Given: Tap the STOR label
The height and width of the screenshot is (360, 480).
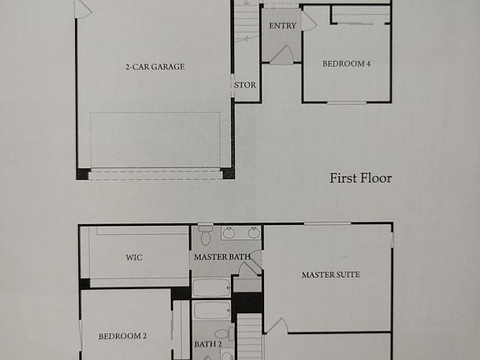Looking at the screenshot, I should point(245,85).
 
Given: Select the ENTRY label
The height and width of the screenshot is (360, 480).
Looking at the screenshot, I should point(282,26).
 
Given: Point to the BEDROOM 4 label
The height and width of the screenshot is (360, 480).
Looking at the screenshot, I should point(346,63).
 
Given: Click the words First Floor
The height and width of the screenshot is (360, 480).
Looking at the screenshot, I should point(360,177).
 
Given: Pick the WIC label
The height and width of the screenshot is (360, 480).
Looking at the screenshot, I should point(134,257).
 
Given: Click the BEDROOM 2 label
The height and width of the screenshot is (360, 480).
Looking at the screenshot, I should point(122,336).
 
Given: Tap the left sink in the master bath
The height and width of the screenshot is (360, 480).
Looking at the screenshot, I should point(228,233).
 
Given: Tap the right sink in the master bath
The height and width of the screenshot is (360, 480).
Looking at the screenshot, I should point(251,233).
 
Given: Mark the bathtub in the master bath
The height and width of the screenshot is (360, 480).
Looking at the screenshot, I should point(212,287).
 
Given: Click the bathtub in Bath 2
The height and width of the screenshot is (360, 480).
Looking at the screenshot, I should point(212,311).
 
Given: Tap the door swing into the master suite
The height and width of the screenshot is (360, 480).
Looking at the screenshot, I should point(276,326).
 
